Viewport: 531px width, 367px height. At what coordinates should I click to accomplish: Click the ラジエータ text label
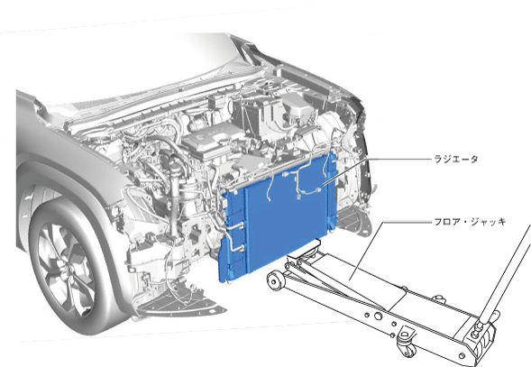(x=456, y=159)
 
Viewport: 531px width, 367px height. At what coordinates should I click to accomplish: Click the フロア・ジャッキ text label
(x=470, y=222)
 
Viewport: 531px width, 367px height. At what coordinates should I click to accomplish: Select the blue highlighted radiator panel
(x=278, y=217)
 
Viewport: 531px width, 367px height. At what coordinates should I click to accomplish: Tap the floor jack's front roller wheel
(x=275, y=280)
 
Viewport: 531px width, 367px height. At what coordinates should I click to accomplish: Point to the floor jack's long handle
(x=504, y=272)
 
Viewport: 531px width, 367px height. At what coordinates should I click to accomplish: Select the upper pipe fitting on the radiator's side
(x=241, y=224)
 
